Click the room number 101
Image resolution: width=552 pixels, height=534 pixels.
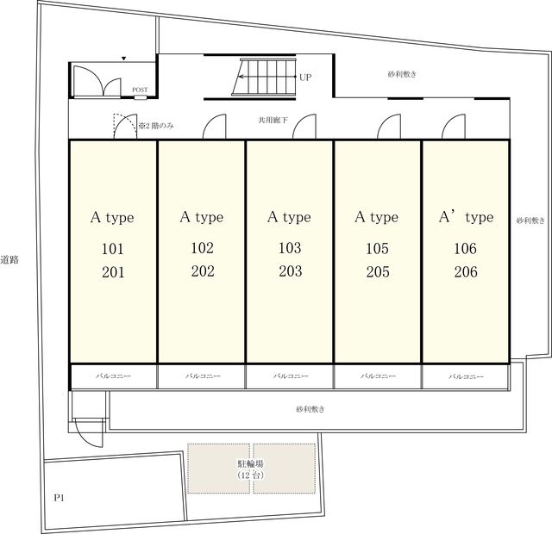coord(113,249)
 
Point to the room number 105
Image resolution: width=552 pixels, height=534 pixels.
coord(378,249)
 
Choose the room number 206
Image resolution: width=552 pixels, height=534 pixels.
coord(466,272)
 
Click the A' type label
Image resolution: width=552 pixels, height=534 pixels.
coord(466,217)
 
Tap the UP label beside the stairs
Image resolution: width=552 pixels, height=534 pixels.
coord(305,78)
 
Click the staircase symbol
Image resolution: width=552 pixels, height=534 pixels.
coord(264,77)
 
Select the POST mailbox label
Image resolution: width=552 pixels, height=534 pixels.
coord(140,90)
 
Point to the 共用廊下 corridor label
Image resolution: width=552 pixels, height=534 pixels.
coord(273,121)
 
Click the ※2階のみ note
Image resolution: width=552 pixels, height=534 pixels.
coord(156,126)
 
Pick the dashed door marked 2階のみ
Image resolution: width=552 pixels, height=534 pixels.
coord(124,126)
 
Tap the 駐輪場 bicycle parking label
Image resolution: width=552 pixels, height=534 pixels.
coord(251,463)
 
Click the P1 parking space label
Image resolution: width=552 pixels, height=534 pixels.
coord(60,498)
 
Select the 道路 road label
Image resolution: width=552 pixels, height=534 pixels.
coord(9,260)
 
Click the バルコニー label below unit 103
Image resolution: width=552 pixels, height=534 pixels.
coord(291,376)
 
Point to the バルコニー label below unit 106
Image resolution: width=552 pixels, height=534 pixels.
coord(466,376)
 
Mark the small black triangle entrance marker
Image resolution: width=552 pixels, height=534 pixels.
coord(123,59)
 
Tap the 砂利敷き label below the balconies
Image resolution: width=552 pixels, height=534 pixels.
coord(310,409)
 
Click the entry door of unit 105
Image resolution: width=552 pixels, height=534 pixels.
coord(389,127)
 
